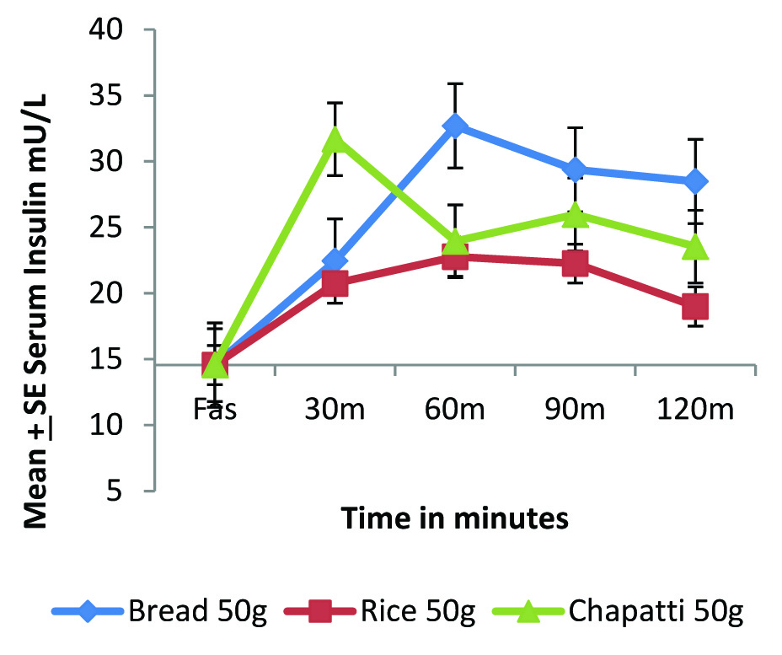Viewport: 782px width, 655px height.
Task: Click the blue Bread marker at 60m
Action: [455, 126]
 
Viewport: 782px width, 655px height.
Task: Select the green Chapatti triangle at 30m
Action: [335, 139]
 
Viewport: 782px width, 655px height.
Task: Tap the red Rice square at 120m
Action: [695, 306]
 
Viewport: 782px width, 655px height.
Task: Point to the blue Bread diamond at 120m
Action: [695, 181]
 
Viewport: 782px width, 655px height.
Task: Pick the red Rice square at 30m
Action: [335, 284]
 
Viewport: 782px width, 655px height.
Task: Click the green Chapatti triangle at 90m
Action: [575, 215]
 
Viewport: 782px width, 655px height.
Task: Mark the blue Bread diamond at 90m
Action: [575, 170]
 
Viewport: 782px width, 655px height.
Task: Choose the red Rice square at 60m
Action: [455, 257]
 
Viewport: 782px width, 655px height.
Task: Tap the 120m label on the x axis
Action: [695, 411]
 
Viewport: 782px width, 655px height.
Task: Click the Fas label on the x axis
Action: [215, 411]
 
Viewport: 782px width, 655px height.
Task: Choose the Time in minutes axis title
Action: [455, 519]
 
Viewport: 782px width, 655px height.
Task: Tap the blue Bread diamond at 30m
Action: [335, 260]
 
